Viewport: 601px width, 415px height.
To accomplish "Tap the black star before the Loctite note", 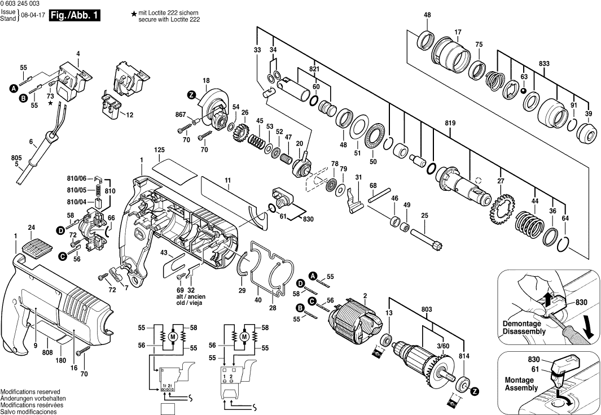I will tap(133, 13).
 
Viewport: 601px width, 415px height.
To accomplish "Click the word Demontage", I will tap(522, 324).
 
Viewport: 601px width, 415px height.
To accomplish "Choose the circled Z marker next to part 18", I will tap(191, 94).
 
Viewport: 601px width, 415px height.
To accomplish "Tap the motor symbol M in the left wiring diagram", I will tap(173, 337).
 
